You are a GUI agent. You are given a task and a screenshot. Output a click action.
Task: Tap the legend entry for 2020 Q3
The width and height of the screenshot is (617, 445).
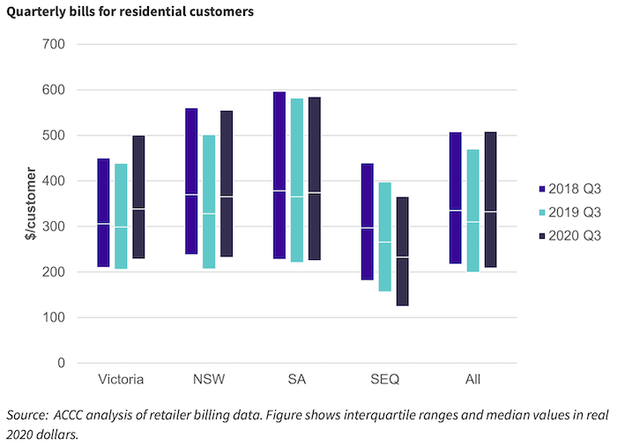[569, 234]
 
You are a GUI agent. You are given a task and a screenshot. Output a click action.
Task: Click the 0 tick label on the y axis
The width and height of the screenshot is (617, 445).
[61, 363]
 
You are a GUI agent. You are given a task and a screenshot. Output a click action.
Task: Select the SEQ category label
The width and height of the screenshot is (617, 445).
[385, 381]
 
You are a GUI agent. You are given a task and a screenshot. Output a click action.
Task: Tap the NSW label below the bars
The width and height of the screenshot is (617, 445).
[209, 381]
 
